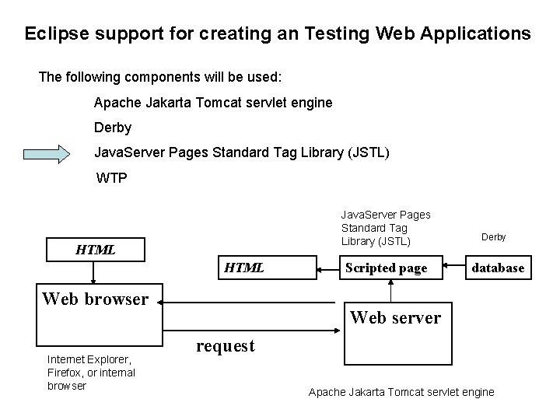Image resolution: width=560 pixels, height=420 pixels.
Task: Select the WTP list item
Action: point(112,178)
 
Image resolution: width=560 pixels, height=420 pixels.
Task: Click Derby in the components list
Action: point(113,127)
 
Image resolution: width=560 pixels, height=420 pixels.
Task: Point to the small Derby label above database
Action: point(493,236)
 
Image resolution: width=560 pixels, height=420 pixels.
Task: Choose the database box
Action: point(499,268)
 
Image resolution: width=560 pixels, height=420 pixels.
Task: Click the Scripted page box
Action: point(386,268)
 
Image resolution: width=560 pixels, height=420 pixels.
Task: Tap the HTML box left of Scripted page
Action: point(244,268)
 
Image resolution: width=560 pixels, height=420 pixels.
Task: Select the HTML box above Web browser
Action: point(95,250)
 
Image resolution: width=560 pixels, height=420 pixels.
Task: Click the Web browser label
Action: point(95,299)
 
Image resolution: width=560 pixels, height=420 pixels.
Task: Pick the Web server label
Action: point(395,317)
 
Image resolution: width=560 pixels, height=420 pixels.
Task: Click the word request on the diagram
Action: point(226,345)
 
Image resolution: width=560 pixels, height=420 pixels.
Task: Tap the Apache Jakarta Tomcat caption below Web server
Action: point(401,392)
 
